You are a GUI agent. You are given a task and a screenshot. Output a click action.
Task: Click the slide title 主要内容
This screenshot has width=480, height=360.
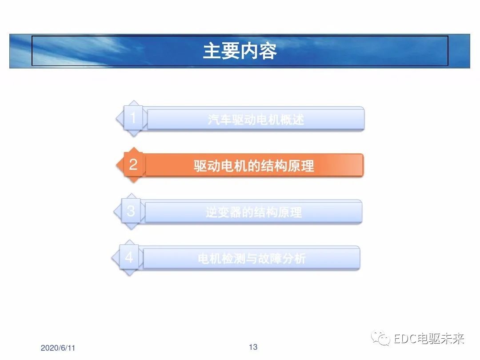point(240,51)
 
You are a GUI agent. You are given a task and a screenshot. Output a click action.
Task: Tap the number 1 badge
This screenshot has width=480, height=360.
point(133,118)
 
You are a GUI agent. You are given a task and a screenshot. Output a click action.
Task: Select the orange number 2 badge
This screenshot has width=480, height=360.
point(133,165)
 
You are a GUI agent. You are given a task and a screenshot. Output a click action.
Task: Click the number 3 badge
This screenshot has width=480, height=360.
point(131,211)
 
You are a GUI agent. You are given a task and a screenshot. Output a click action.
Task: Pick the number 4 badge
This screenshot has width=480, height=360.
point(129,258)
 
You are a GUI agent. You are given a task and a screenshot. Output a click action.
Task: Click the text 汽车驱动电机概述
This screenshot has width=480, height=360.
point(256,120)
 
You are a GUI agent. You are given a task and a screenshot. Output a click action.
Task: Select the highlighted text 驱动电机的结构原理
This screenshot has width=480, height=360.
point(254,166)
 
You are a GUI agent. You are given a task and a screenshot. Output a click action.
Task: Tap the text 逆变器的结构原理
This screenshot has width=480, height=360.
point(254,212)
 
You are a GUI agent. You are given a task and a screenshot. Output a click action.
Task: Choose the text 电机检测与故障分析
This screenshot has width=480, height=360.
point(252,259)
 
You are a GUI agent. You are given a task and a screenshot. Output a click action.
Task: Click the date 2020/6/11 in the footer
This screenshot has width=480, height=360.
point(58,348)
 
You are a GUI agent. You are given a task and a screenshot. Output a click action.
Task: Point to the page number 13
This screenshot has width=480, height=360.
point(253,347)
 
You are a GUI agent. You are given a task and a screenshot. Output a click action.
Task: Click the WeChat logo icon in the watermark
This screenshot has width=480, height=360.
point(380,338)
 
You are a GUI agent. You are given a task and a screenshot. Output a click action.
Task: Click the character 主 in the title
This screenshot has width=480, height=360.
point(212,51)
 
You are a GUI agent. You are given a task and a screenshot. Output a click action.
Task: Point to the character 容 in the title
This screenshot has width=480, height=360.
point(268,51)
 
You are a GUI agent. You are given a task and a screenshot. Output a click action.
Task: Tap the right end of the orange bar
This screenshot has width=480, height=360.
point(363,165)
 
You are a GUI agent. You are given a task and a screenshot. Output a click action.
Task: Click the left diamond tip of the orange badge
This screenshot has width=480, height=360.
point(116,165)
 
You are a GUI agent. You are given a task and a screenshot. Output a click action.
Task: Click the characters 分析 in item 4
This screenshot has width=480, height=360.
point(294,259)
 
